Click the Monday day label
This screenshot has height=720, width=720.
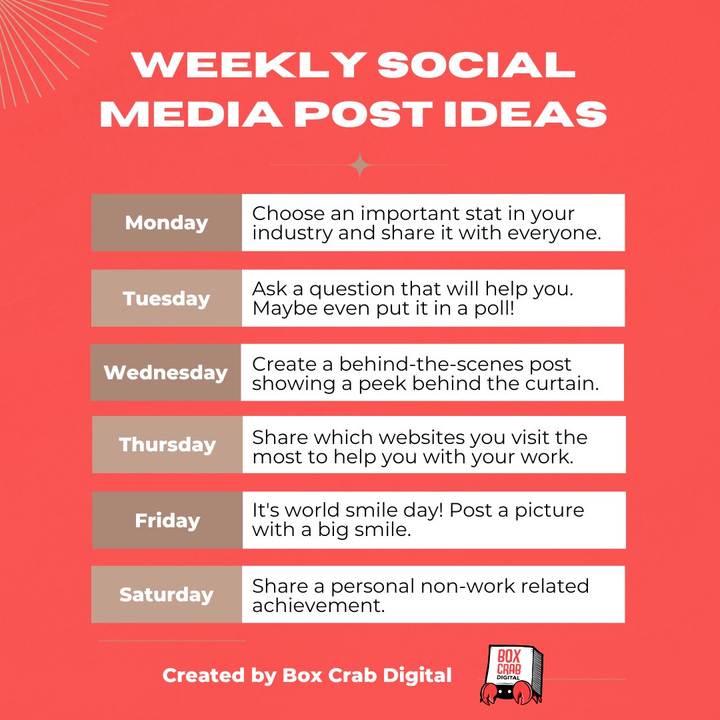(167, 223)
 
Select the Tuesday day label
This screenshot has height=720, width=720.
(167, 298)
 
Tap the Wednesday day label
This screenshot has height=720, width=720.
(166, 372)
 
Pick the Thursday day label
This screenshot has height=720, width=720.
(167, 445)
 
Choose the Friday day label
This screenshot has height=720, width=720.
(167, 520)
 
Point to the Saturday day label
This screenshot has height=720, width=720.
(167, 595)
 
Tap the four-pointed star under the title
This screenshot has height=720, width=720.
(360, 165)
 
